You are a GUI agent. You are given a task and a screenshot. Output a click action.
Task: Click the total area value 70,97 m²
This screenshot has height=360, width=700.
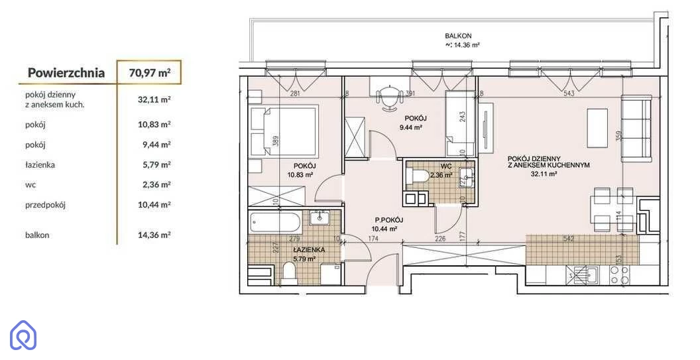(150, 72)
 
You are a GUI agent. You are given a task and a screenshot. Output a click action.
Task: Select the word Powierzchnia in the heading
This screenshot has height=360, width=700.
(66, 73)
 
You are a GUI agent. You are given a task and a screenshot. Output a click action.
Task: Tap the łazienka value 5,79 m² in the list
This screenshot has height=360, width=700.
(154, 165)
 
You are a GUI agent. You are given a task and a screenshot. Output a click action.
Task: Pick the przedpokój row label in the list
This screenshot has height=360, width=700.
(46, 206)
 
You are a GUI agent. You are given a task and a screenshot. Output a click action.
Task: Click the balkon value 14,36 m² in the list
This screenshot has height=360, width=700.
(154, 235)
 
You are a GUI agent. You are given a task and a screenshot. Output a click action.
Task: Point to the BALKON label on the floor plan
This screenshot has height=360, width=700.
(458, 36)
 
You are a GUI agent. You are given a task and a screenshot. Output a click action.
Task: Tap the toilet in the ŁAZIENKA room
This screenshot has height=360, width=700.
(289, 272)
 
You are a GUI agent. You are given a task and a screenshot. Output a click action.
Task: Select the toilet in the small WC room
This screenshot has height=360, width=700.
(418, 176)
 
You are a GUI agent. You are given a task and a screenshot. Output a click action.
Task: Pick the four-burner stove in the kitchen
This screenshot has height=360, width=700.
(620, 274)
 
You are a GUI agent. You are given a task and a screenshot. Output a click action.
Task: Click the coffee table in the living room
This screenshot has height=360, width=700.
(597, 128)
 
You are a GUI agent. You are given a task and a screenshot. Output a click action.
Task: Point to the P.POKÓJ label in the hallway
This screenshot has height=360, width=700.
(389, 219)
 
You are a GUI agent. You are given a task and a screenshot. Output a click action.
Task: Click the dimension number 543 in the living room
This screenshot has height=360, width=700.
(569, 93)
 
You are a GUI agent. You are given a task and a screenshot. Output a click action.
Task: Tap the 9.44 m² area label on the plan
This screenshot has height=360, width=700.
(411, 127)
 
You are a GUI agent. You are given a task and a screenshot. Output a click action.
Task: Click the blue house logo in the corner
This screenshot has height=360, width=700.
(23, 335)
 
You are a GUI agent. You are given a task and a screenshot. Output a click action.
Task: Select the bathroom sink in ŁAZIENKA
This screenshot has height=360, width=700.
(320, 217)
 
